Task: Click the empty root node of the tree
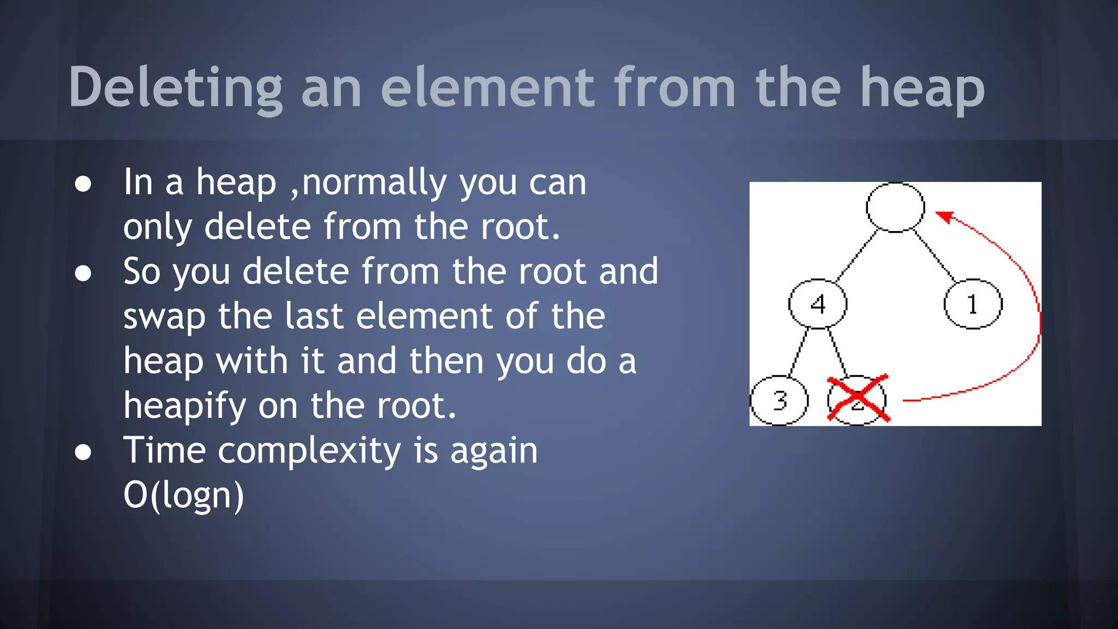pyautogui.click(x=895, y=207)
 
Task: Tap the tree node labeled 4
pyautogui.click(x=817, y=304)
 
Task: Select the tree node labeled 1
pyautogui.click(x=973, y=304)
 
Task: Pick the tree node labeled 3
pyautogui.click(x=779, y=400)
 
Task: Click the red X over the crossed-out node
pyautogui.click(x=858, y=399)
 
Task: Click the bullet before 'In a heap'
pyautogui.click(x=83, y=184)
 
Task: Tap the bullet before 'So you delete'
pyautogui.click(x=83, y=273)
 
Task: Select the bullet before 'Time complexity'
pyautogui.click(x=83, y=452)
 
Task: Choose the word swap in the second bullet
pyautogui.click(x=164, y=317)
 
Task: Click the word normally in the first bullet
pyautogui.click(x=374, y=182)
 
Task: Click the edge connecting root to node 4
pyautogui.click(x=857, y=255)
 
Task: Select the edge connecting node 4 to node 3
pyautogui.click(x=799, y=352)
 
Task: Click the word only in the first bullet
pyautogui.click(x=157, y=227)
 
